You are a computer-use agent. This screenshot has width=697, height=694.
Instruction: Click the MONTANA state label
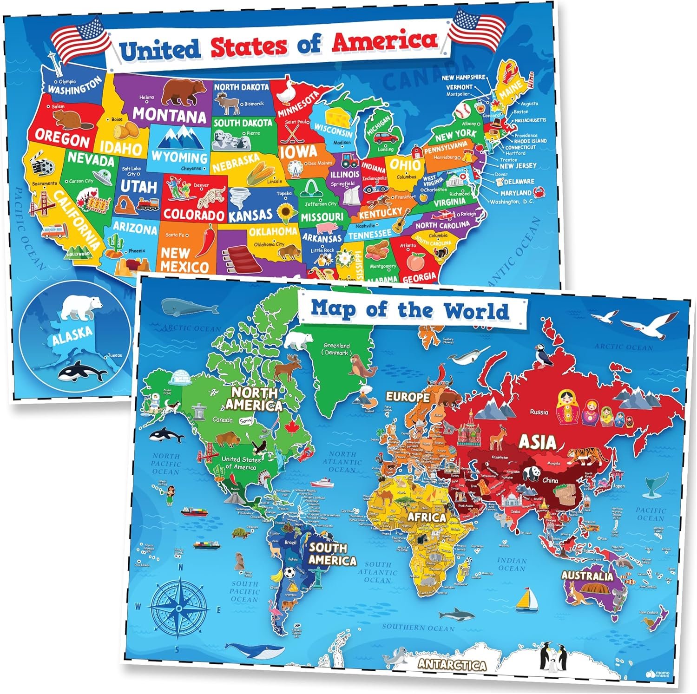pos(170,114)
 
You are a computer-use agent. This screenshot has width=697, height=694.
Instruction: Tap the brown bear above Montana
pos(184,91)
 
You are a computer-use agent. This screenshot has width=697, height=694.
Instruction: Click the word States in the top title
pos(249,46)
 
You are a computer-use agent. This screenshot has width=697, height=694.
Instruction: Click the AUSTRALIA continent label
pos(587,576)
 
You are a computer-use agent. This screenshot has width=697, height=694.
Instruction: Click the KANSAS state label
pos(250,215)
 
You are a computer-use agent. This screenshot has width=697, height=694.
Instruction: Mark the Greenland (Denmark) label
pos(337,349)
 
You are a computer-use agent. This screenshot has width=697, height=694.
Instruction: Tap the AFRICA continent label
pos(427,517)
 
